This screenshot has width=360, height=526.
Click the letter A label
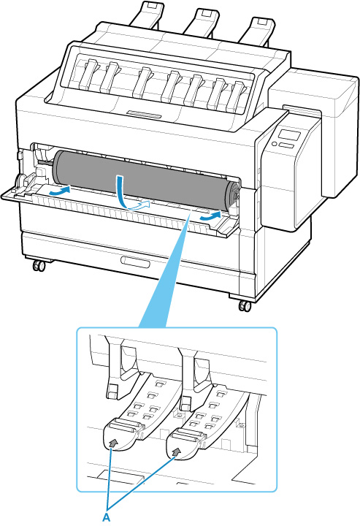107,517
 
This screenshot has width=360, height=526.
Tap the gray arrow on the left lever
114,443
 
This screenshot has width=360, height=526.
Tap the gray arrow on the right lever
175,451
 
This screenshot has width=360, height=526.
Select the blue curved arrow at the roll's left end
59,191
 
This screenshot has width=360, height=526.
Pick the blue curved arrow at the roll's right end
210,216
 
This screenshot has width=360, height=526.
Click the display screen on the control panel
290,136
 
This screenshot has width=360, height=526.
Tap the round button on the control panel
274,144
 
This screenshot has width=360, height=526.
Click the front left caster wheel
39,266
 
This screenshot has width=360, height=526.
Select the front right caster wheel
245,306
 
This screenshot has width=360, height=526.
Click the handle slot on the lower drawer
135,262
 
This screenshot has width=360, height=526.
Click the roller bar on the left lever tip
123,427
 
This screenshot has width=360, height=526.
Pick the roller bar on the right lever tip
185,435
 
